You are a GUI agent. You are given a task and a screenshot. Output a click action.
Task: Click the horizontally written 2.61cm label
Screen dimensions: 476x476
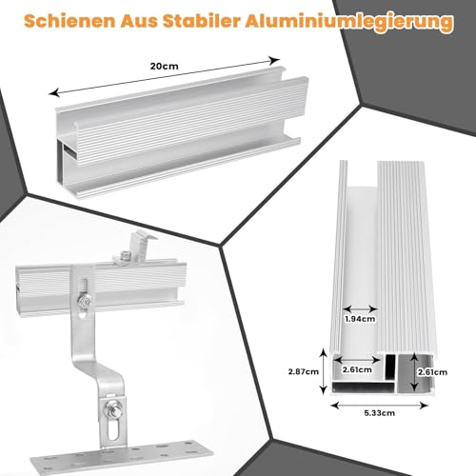pyautogui.click(x=359, y=370)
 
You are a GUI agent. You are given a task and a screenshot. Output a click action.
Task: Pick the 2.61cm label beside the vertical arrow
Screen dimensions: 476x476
pyautogui.click(x=433, y=370)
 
